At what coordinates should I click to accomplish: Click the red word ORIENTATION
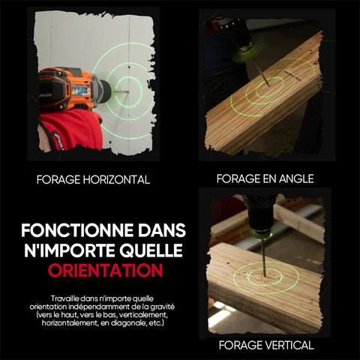[106, 271]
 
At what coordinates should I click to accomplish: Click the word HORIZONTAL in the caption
[116, 180]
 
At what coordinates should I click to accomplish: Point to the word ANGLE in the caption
[296, 178]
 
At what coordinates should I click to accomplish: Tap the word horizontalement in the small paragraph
[70, 323]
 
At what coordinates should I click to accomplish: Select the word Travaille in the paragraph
[65, 298]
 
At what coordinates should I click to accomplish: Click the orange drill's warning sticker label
[81, 90]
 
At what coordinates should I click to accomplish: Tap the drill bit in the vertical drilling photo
[263, 257]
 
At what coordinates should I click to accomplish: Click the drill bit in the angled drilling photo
[261, 72]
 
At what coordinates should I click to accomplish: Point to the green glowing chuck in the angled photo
[243, 53]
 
